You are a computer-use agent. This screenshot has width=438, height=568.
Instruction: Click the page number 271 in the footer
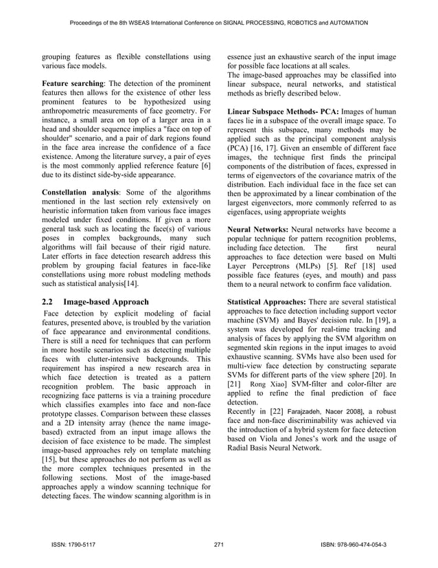(x=219, y=545)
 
